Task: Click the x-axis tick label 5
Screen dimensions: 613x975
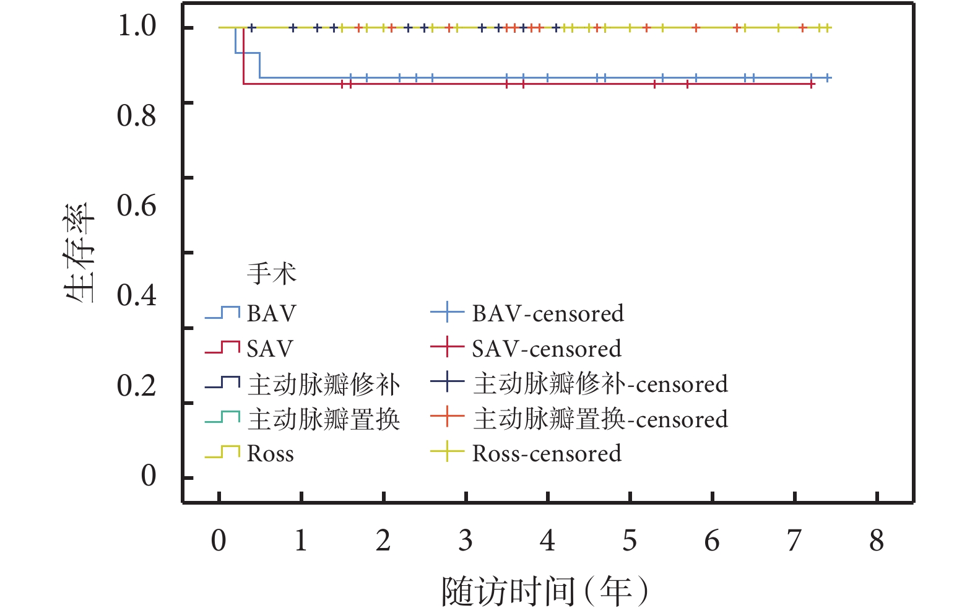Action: click(630, 541)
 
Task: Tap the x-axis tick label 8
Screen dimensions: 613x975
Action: click(877, 541)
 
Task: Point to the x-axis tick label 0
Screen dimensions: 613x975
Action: click(219, 541)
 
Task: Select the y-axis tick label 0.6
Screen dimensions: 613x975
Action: click(137, 206)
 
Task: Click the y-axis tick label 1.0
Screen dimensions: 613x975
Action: click(137, 27)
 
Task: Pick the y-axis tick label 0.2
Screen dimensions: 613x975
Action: click(137, 386)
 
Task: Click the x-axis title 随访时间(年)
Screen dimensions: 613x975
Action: click(545, 591)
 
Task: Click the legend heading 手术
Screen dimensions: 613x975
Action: click(272, 273)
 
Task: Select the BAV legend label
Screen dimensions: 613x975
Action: click(271, 313)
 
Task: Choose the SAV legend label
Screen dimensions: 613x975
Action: click(270, 349)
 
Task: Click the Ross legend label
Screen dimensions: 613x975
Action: click(270, 454)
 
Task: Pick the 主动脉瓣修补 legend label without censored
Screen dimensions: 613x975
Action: click(324, 385)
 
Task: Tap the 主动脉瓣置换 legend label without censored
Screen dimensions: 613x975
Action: click(324, 419)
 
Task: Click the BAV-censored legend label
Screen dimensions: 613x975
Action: click(548, 313)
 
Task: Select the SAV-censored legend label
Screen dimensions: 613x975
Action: click(547, 349)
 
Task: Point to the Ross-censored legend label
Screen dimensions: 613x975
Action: click(547, 454)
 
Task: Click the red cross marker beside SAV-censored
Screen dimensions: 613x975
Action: click(447, 348)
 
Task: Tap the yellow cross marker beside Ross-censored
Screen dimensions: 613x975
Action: click(447, 452)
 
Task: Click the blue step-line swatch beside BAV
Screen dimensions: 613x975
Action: click(222, 313)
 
